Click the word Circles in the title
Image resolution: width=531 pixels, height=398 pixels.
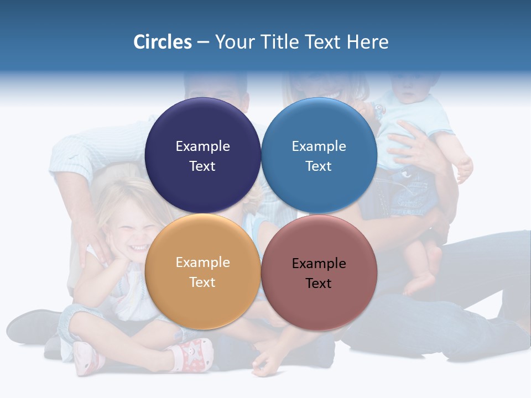click(162, 42)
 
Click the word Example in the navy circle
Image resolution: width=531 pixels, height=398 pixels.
click(202, 146)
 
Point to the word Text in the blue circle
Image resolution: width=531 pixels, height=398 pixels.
click(319, 166)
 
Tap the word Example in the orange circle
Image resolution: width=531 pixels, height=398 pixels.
click(202, 262)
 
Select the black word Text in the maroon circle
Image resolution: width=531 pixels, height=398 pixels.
click(319, 283)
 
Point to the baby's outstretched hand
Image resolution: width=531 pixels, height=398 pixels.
click(464, 169)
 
